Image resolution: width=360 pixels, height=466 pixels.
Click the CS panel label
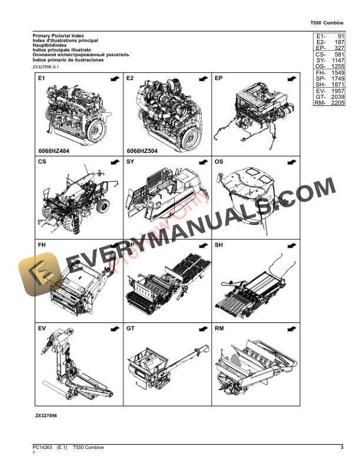(x=42, y=161)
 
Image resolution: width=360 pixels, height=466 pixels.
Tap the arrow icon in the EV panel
(x=112, y=328)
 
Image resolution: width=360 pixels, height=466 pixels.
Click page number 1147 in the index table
(x=337, y=61)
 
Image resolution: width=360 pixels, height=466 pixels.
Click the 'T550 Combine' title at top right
(x=326, y=23)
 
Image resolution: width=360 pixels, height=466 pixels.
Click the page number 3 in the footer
(x=342, y=448)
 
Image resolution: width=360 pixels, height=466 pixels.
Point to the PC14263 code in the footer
(x=43, y=448)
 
